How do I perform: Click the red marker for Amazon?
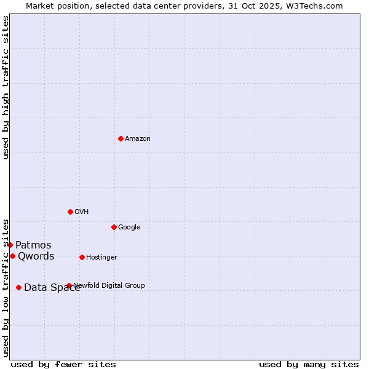pyautogui.click(x=121, y=138)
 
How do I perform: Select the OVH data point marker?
pyautogui.click(x=70, y=212)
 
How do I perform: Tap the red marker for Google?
pyautogui.click(x=114, y=227)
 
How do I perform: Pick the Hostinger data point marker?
pyautogui.click(x=82, y=257)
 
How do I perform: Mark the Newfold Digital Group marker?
pyautogui.click(x=69, y=285)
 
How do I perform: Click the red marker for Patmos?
pyautogui.click(x=10, y=245)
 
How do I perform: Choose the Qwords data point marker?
pyautogui.click(x=12, y=256)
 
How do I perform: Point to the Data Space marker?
pyautogui.click(x=18, y=287)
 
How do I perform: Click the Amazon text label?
pyautogui.click(x=138, y=139)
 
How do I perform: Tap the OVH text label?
pyautogui.click(x=82, y=212)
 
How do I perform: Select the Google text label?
pyautogui.click(x=129, y=228)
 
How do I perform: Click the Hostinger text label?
pyautogui.click(x=101, y=258)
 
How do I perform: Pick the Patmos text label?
pyautogui.click(x=33, y=245)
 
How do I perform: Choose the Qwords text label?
pyautogui.click(x=36, y=256)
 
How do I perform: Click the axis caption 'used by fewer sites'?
pyautogui.click(x=63, y=364)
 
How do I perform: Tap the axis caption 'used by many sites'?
pyautogui.click(x=309, y=364)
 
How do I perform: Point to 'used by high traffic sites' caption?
pyautogui.click(x=6, y=87)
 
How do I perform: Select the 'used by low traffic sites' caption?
pyautogui.click(x=6, y=287)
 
